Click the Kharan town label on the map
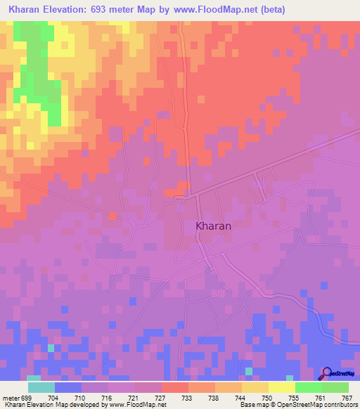(x=212, y=227)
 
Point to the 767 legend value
(x=347, y=397)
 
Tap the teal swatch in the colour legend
(x=41, y=387)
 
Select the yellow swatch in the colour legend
(x=281, y=387)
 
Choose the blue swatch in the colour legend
(x=67, y=387)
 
